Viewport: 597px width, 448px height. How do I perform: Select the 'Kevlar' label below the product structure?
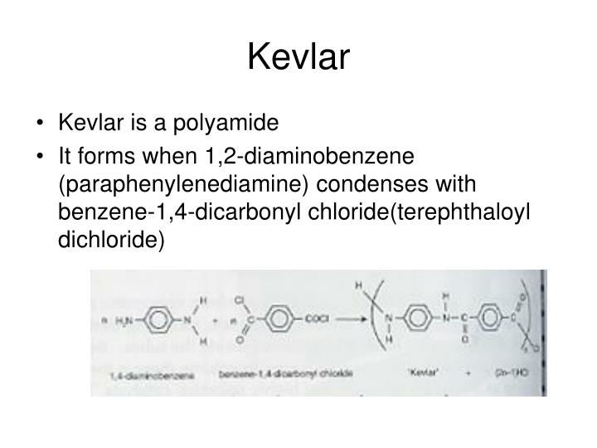[x=420, y=375]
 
